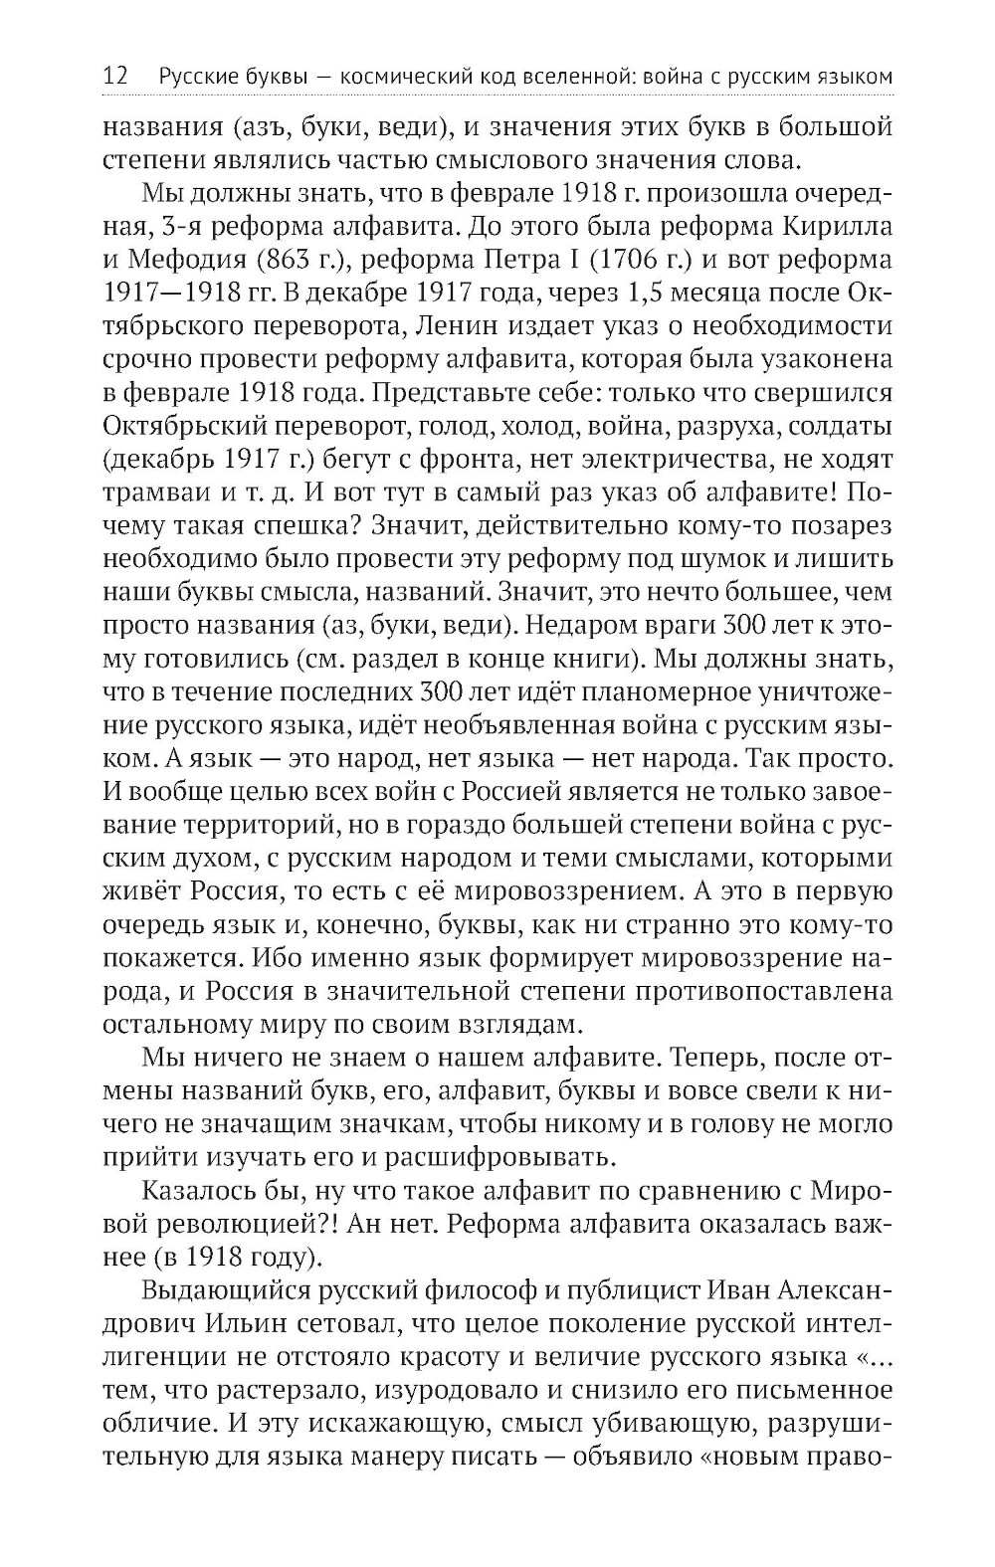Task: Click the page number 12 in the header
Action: coord(115,76)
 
